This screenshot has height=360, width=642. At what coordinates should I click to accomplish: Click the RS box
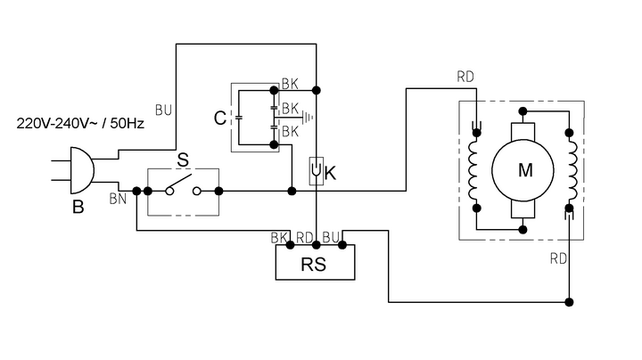313,264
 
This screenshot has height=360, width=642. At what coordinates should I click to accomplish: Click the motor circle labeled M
523,170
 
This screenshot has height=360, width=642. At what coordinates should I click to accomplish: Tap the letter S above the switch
182,161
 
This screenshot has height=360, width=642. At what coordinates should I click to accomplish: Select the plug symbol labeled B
78,171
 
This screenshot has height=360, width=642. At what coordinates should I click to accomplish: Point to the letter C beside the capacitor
218,118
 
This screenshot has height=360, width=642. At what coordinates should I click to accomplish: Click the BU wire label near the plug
163,110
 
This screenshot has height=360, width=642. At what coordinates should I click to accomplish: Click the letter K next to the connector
330,173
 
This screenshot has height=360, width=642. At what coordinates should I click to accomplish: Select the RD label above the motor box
465,78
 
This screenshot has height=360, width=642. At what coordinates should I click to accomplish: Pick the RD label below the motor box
559,259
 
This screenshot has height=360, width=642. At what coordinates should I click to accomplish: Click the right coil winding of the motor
570,170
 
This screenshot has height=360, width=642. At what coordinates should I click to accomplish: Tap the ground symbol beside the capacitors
309,115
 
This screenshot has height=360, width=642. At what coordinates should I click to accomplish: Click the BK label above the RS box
279,239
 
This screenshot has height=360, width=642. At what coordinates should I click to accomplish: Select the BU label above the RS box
331,239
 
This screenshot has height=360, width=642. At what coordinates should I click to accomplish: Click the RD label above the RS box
305,239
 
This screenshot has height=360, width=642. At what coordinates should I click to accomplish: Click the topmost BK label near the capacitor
289,85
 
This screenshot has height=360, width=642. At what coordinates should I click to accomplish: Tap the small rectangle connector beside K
316,170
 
